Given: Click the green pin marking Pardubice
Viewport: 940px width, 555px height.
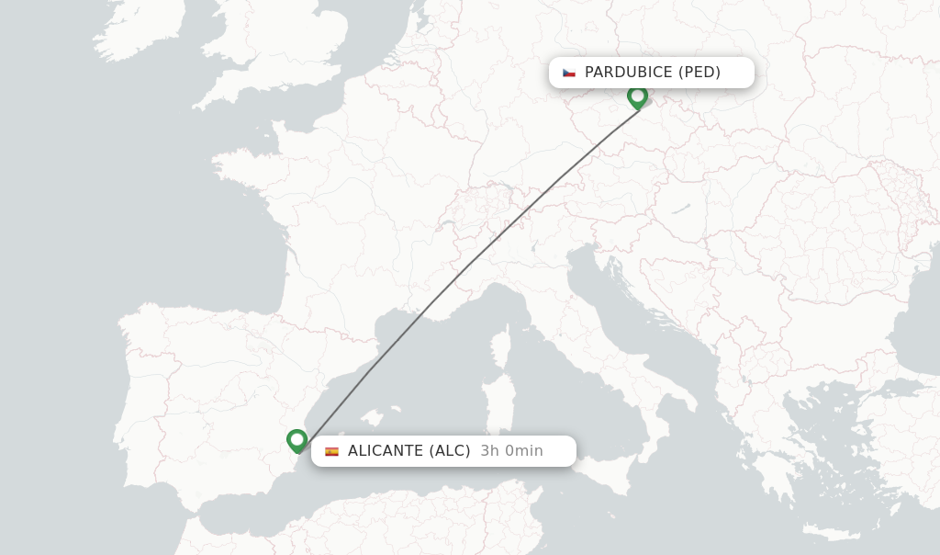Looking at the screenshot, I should point(637,96).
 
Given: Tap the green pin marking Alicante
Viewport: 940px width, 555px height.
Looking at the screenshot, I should point(297,441).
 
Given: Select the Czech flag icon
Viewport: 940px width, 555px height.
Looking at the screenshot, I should point(569,73).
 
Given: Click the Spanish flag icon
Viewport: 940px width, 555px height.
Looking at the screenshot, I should point(331,451).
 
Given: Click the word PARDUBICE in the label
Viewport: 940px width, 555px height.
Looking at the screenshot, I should point(628,73).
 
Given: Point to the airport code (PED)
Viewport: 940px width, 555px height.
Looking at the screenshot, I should point(699,73).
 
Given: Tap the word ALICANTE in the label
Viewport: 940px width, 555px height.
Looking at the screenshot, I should point(386,451).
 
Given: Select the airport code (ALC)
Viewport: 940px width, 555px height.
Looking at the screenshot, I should point(450,451).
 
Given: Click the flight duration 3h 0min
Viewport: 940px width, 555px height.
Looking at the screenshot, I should point(511,451).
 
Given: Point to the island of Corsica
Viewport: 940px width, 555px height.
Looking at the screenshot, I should point(501,349).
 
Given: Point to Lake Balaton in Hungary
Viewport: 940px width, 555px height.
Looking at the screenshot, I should point(679,210).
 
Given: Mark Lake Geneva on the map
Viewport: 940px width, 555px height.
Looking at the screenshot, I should point(447,225).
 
